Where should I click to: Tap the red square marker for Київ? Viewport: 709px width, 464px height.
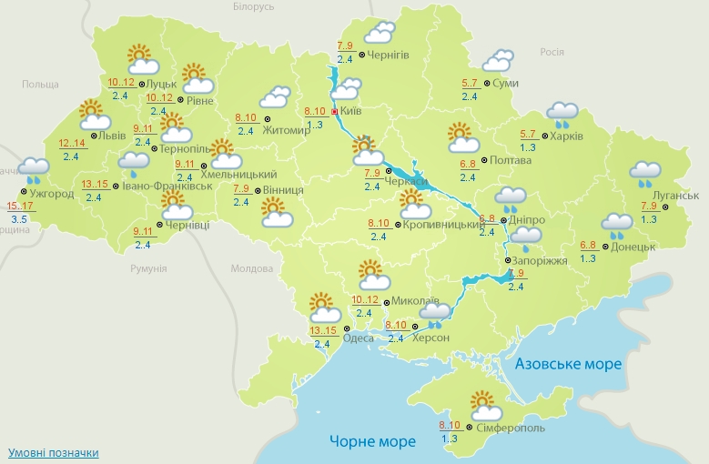(335, 112)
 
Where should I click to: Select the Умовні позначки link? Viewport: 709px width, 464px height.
(54, 452)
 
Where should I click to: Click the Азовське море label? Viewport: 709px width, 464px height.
(568, 364)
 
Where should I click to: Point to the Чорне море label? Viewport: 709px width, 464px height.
(372, 441)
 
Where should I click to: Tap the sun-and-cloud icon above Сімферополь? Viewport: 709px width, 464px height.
(481, 403)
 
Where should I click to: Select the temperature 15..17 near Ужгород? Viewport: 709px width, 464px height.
(19, 206)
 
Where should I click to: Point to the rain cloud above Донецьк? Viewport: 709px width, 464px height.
(617, 224)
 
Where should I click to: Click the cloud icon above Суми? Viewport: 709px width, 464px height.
(497, 62)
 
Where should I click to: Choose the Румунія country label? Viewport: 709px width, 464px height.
(148, 269)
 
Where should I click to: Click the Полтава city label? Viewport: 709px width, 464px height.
(510, 161)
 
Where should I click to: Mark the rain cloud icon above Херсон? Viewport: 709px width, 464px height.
(433, 314)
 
